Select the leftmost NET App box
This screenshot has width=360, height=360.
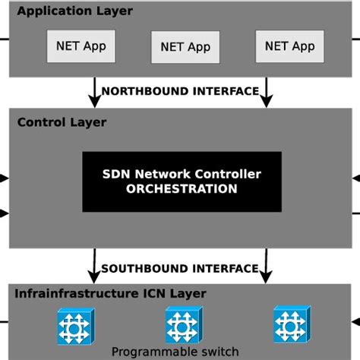[x=80, y=46]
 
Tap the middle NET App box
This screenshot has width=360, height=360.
[x=185, y=47]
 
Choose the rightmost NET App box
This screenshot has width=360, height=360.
[x=289, y=46]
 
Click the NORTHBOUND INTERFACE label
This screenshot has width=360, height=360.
[x=180, y=91]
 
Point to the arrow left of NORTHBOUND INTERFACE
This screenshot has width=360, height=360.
[x=94, y=91]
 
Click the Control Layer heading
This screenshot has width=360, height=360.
[x=62, y=122]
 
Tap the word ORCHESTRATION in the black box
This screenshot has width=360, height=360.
[x=182, y=188]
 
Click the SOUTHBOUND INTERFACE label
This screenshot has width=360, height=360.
[x=180, y=268]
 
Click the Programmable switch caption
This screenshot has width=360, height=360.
[x=175, y=352]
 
